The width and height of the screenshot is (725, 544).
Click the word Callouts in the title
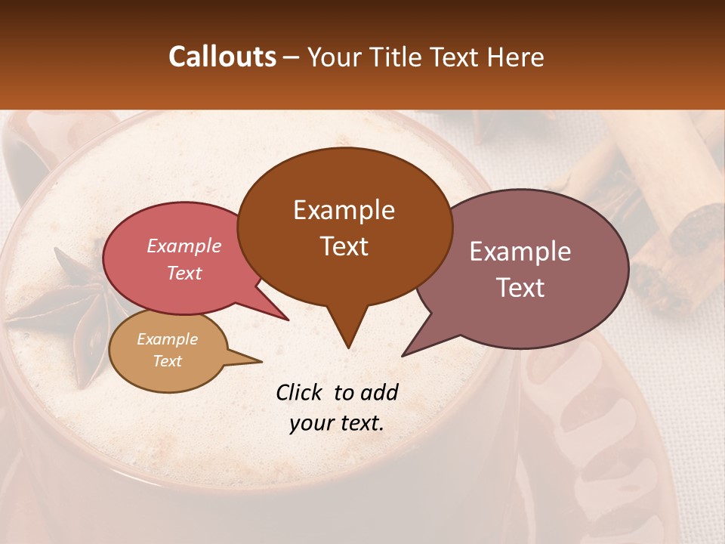[x=222, y=57]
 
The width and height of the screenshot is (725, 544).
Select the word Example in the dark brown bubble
[x=344, y=210]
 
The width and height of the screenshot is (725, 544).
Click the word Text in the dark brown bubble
[x=344, y=246]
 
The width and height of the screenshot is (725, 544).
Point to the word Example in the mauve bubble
[x=520, y=252]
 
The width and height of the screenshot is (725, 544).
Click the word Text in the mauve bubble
[x=520, y=288]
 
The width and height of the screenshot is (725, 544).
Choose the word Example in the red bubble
[x=184, y=246]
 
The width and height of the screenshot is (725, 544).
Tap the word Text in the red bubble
[x=184, y=273]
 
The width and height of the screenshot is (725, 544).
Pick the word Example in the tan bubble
[x=167, y=339]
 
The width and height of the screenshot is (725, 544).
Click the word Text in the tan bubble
[x=167, y=361]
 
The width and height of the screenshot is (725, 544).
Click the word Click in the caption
[x=301, y=392]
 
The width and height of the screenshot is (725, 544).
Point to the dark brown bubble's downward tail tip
[x=348, y=348]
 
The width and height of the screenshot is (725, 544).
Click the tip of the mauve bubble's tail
[x=402, y=356]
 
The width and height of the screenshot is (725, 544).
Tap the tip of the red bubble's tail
[x=288, y=320]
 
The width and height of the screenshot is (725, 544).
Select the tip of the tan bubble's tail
[x=262, y=362]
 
